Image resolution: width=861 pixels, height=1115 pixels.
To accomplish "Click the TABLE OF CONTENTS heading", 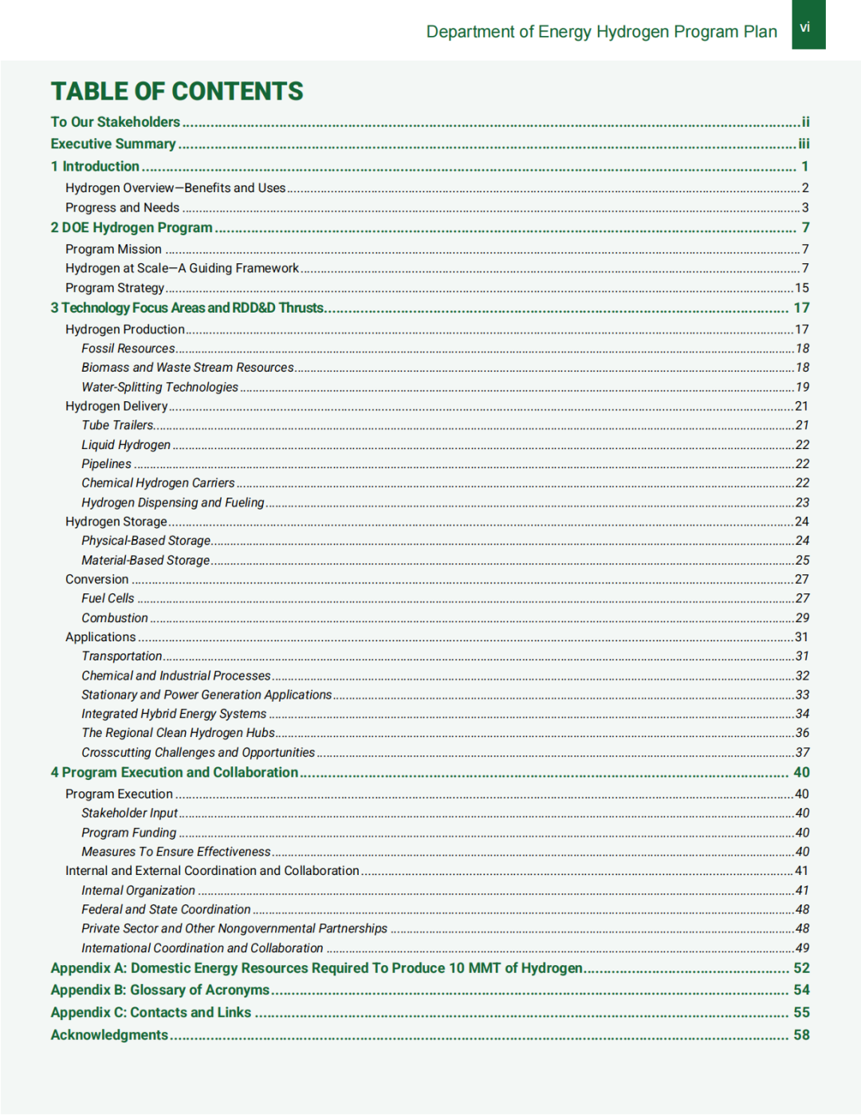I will click(177, 92).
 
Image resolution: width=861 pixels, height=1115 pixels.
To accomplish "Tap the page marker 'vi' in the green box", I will click(805, 27).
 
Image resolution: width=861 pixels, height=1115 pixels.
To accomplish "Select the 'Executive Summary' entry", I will click(113, 144).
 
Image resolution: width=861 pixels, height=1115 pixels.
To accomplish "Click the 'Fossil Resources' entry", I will click(128, 349).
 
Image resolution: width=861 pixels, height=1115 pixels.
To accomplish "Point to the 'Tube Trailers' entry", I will click(118, 425).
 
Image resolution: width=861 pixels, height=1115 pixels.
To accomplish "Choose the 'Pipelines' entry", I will click(106, 463).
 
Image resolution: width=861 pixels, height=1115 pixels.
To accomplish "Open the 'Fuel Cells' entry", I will click(108, 598).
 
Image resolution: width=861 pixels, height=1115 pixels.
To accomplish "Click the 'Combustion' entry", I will click(115, 618).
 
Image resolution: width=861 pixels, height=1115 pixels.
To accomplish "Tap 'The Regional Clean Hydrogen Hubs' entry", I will click(178, 733).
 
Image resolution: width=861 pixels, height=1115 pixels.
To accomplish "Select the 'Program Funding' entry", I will click(128, 833).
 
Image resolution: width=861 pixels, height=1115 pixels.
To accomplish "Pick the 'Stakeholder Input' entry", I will click(129, 813).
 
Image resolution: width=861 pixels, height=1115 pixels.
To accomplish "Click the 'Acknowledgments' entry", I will click(109, 1034).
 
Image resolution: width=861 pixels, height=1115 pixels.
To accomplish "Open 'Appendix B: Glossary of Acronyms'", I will click(160, 990).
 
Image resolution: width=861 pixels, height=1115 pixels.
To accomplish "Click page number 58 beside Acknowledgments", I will click(801, 1034).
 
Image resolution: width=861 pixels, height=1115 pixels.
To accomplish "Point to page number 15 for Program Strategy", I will click(802, 288).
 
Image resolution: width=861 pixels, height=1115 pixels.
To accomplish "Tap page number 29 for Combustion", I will click(802, 618).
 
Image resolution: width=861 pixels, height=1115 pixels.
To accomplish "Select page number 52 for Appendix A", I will click(801, 967).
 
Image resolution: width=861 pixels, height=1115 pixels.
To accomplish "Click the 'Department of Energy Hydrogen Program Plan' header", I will click(602, 32).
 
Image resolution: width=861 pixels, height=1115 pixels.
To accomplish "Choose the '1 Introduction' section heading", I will click(95, 166).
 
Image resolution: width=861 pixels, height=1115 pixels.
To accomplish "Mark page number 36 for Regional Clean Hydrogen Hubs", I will click(802, 733).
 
